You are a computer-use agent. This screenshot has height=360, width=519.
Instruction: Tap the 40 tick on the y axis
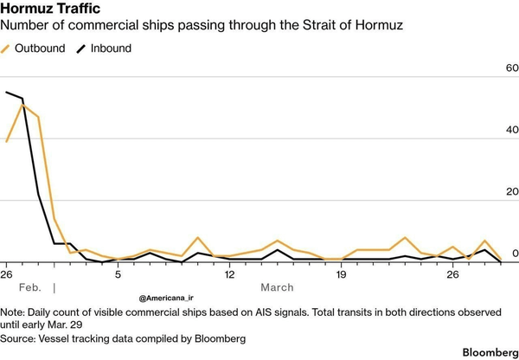click(511, 130)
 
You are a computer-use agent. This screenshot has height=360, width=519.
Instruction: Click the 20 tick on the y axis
click(511, 191)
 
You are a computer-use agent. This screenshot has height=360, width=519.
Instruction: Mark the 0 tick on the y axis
click(514, 254)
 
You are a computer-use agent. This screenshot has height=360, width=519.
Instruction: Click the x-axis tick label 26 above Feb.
click(8, 274)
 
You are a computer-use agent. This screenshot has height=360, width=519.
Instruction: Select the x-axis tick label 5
click(118, 274)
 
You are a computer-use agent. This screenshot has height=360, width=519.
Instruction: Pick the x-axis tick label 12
click(229, 274)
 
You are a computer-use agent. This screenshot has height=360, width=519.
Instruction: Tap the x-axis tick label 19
click(341, 274)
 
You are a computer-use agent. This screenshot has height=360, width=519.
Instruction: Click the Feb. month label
click(29, 286)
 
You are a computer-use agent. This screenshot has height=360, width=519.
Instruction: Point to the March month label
click(277, 286)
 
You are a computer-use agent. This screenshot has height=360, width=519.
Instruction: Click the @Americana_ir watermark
click(166, 296)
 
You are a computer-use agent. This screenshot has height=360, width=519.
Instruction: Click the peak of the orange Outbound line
click(22, 105)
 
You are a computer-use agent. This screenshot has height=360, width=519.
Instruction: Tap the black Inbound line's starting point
click(6, 92)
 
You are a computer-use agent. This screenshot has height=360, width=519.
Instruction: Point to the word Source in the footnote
click(20, 337)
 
